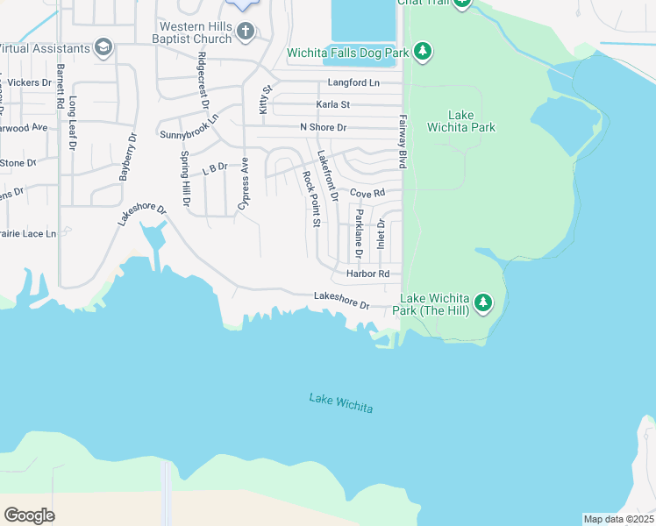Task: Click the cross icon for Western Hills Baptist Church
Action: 246,32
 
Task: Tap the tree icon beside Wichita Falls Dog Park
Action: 423,53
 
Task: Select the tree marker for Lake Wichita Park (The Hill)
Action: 482,304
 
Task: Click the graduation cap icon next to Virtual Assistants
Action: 103,47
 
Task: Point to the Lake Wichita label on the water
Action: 341,404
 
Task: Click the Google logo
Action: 29,515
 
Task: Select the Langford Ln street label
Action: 353,82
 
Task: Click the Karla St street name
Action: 332,104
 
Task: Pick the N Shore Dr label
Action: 324,127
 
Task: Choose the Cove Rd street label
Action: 367,193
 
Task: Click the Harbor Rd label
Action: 367,274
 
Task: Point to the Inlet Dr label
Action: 381,233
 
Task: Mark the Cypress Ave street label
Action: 243,183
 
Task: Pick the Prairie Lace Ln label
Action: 26,234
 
